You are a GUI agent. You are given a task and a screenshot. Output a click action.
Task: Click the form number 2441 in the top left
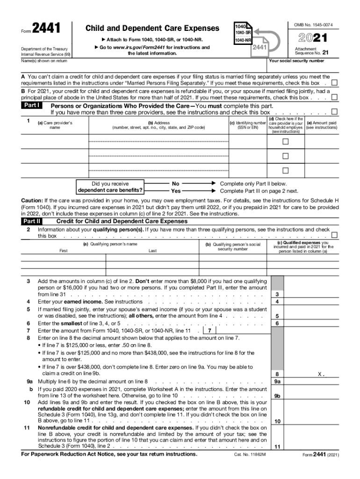coord(46,29)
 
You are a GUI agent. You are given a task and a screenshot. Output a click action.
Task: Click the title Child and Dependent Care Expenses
coord(152,29)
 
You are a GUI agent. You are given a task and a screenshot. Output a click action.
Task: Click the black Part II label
coord(32,221)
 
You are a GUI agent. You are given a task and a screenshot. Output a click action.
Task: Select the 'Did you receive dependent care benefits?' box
coord(110,187)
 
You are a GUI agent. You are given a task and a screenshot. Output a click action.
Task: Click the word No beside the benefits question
coord(176,184)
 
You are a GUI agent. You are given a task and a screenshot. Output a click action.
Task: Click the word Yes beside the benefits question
coord(176,191)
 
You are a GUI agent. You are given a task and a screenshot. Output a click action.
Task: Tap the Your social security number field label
coord(296,61)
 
